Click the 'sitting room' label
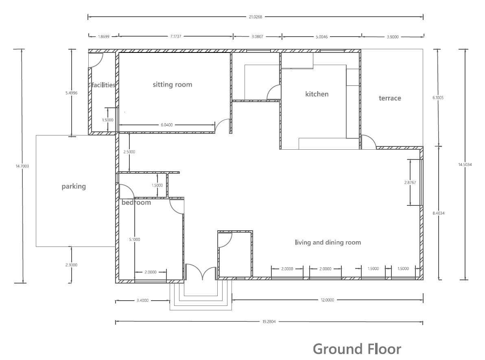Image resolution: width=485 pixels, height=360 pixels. click(x=172, y=85)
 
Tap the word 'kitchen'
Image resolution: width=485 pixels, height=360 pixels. click(x=317, y=94)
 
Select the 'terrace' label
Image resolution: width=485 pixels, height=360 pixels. click(x=390, y=98)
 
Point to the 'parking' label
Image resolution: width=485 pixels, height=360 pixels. click(x=74, y=186)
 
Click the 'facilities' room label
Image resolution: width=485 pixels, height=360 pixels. click(x=103, y=85)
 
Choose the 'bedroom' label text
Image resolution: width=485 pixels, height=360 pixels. click(x=136, y=203)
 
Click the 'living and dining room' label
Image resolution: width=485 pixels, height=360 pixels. click(x=328, y=242)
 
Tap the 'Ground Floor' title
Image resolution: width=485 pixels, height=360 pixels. click(x=357, y=349)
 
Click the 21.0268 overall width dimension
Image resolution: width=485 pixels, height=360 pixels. click(x=255, y=17)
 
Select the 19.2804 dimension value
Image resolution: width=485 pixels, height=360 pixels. click(x=269, y=322)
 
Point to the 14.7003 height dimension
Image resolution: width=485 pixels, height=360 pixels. click(x=22, y=166)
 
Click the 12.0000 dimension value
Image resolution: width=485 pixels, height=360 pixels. click(x=327, y=300)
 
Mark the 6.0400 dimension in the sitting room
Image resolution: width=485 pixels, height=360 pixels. click(x=167, y=125)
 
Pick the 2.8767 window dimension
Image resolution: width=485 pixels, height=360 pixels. click(x=410, y=183)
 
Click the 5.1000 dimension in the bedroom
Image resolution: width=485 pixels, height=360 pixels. click(x=135, y=239)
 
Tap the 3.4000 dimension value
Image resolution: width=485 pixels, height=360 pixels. click(x=142, y=300)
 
